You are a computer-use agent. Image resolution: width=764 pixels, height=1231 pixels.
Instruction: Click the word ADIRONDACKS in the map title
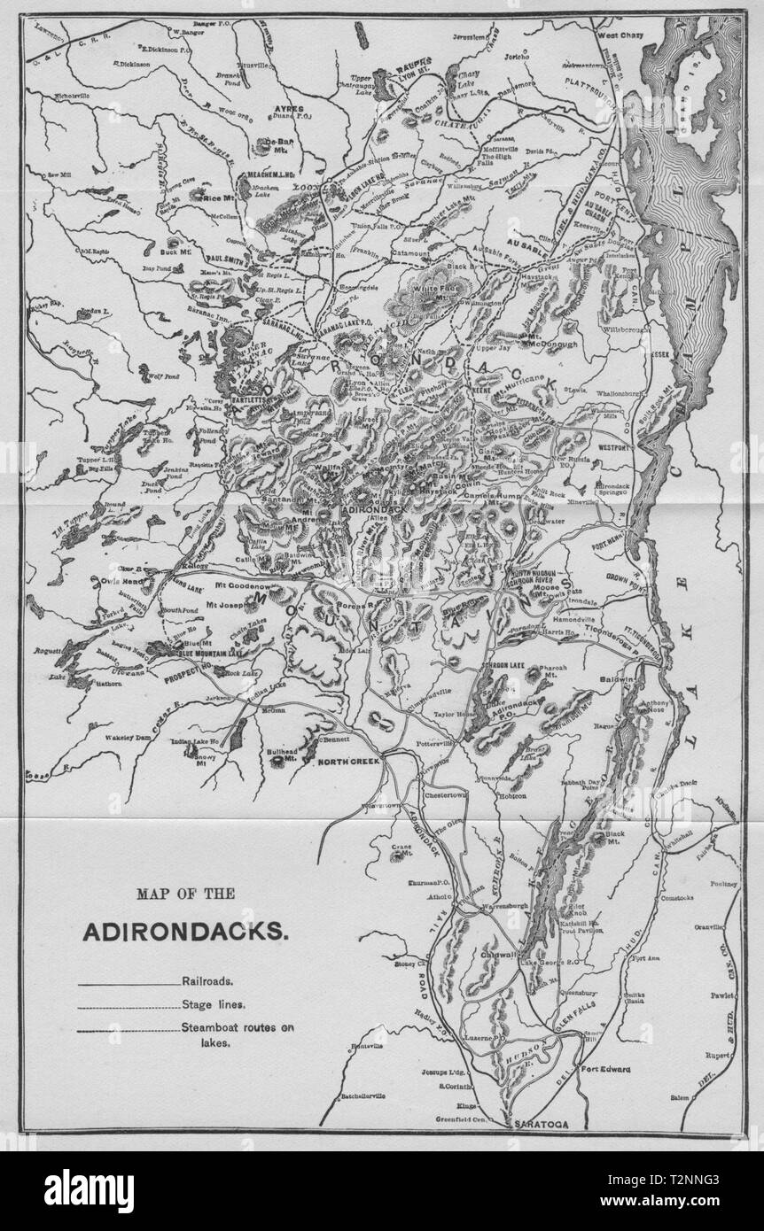185,932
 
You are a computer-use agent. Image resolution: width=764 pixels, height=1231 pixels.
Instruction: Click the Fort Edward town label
605,1069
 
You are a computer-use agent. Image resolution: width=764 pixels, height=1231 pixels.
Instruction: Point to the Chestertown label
455,795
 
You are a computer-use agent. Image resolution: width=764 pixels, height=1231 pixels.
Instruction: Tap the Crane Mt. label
401,850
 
